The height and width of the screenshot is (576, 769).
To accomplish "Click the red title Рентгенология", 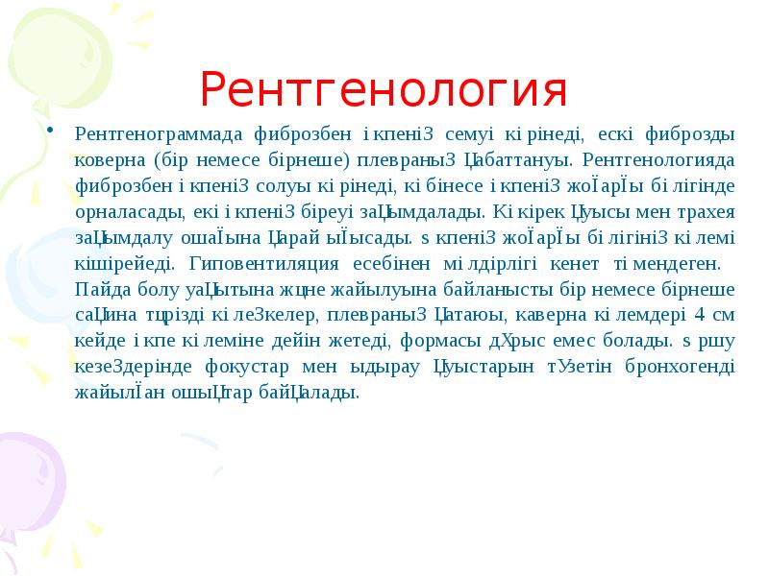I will click(x=384, y=91).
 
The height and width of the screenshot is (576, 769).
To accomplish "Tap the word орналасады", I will click(x=122, y=210).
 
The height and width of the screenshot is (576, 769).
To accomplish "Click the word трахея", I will click(x=704, y=210).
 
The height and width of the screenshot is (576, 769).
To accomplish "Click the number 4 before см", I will click(x=699, y=314).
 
